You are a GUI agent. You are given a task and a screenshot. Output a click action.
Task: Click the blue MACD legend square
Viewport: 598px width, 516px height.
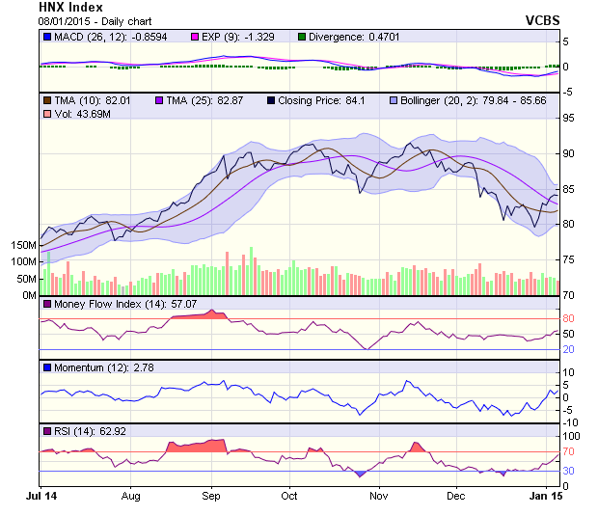click(x=47, y=38)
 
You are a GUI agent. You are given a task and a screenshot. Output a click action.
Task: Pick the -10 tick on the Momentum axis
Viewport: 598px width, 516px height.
click(x=570, y=422)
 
